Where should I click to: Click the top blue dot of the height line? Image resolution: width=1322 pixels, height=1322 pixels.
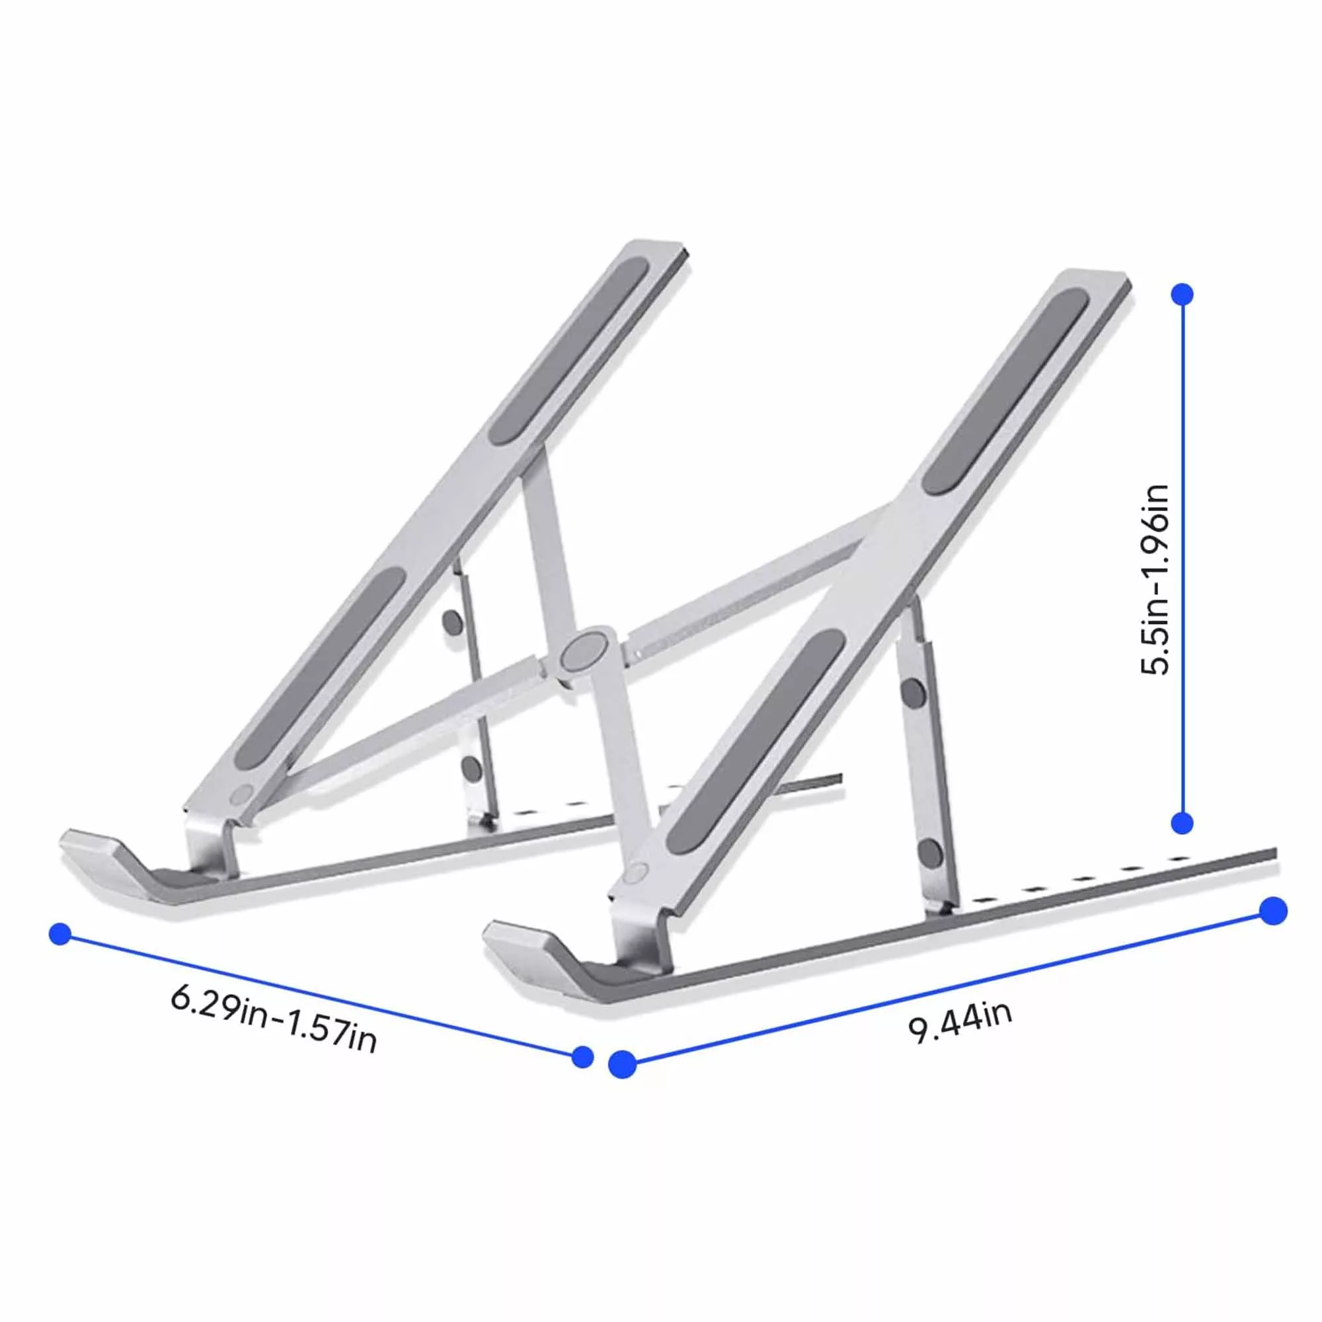1183,294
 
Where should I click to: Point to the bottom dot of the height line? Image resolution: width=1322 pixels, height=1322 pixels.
1183,823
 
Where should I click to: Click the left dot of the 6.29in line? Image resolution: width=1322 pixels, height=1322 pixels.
60,935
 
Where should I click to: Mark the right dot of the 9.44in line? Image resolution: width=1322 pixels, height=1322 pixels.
1272,912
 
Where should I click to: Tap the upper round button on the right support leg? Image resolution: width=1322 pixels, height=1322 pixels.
912,694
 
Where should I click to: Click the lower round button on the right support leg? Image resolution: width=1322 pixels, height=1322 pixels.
930,853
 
